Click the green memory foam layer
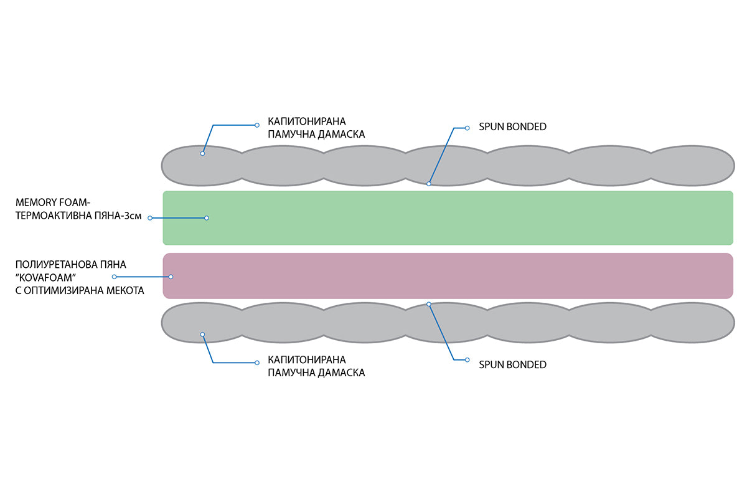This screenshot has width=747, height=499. [448, 218]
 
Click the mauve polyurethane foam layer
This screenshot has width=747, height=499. [448, 276]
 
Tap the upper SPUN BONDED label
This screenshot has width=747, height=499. [512, 127]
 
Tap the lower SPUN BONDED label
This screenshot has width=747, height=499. [512, 365]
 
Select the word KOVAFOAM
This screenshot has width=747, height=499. [45, 278]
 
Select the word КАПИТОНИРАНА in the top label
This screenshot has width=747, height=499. [307, 121]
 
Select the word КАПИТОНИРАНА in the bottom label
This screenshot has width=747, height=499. [307, 359]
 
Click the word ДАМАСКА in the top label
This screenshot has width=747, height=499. [341, 134]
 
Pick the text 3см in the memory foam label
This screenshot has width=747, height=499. [133, 216]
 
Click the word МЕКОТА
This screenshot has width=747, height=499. [125, 291]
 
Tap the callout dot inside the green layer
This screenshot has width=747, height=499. [207, 218]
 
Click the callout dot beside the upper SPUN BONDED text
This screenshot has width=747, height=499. [467, 128]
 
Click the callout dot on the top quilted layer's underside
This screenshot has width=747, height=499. [429, 184]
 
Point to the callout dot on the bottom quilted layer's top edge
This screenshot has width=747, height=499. [429, 304]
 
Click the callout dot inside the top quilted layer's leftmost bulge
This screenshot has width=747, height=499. [202, 153]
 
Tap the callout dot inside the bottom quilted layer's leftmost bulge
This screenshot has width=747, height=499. [202, 335]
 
